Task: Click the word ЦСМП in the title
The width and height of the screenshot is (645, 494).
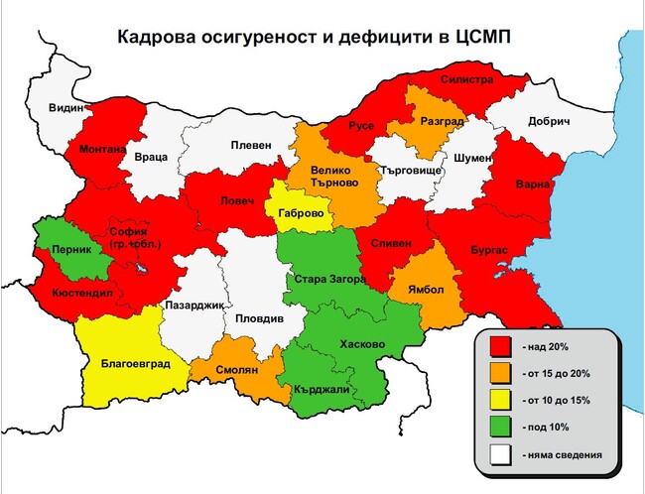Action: tap(489, 39)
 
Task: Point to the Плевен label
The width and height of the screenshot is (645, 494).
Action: tap(250, 145)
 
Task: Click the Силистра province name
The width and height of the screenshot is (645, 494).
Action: tap(467, 79)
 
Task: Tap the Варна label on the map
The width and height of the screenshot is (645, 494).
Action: tap(532, 185)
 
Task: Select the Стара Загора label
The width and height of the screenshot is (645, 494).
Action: tap(325, 281)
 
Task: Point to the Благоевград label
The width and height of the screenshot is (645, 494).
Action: tap(136, 363)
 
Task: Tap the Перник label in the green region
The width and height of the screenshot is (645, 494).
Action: tap(68, 249)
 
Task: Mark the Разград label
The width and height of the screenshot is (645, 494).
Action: tap(442, 121)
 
